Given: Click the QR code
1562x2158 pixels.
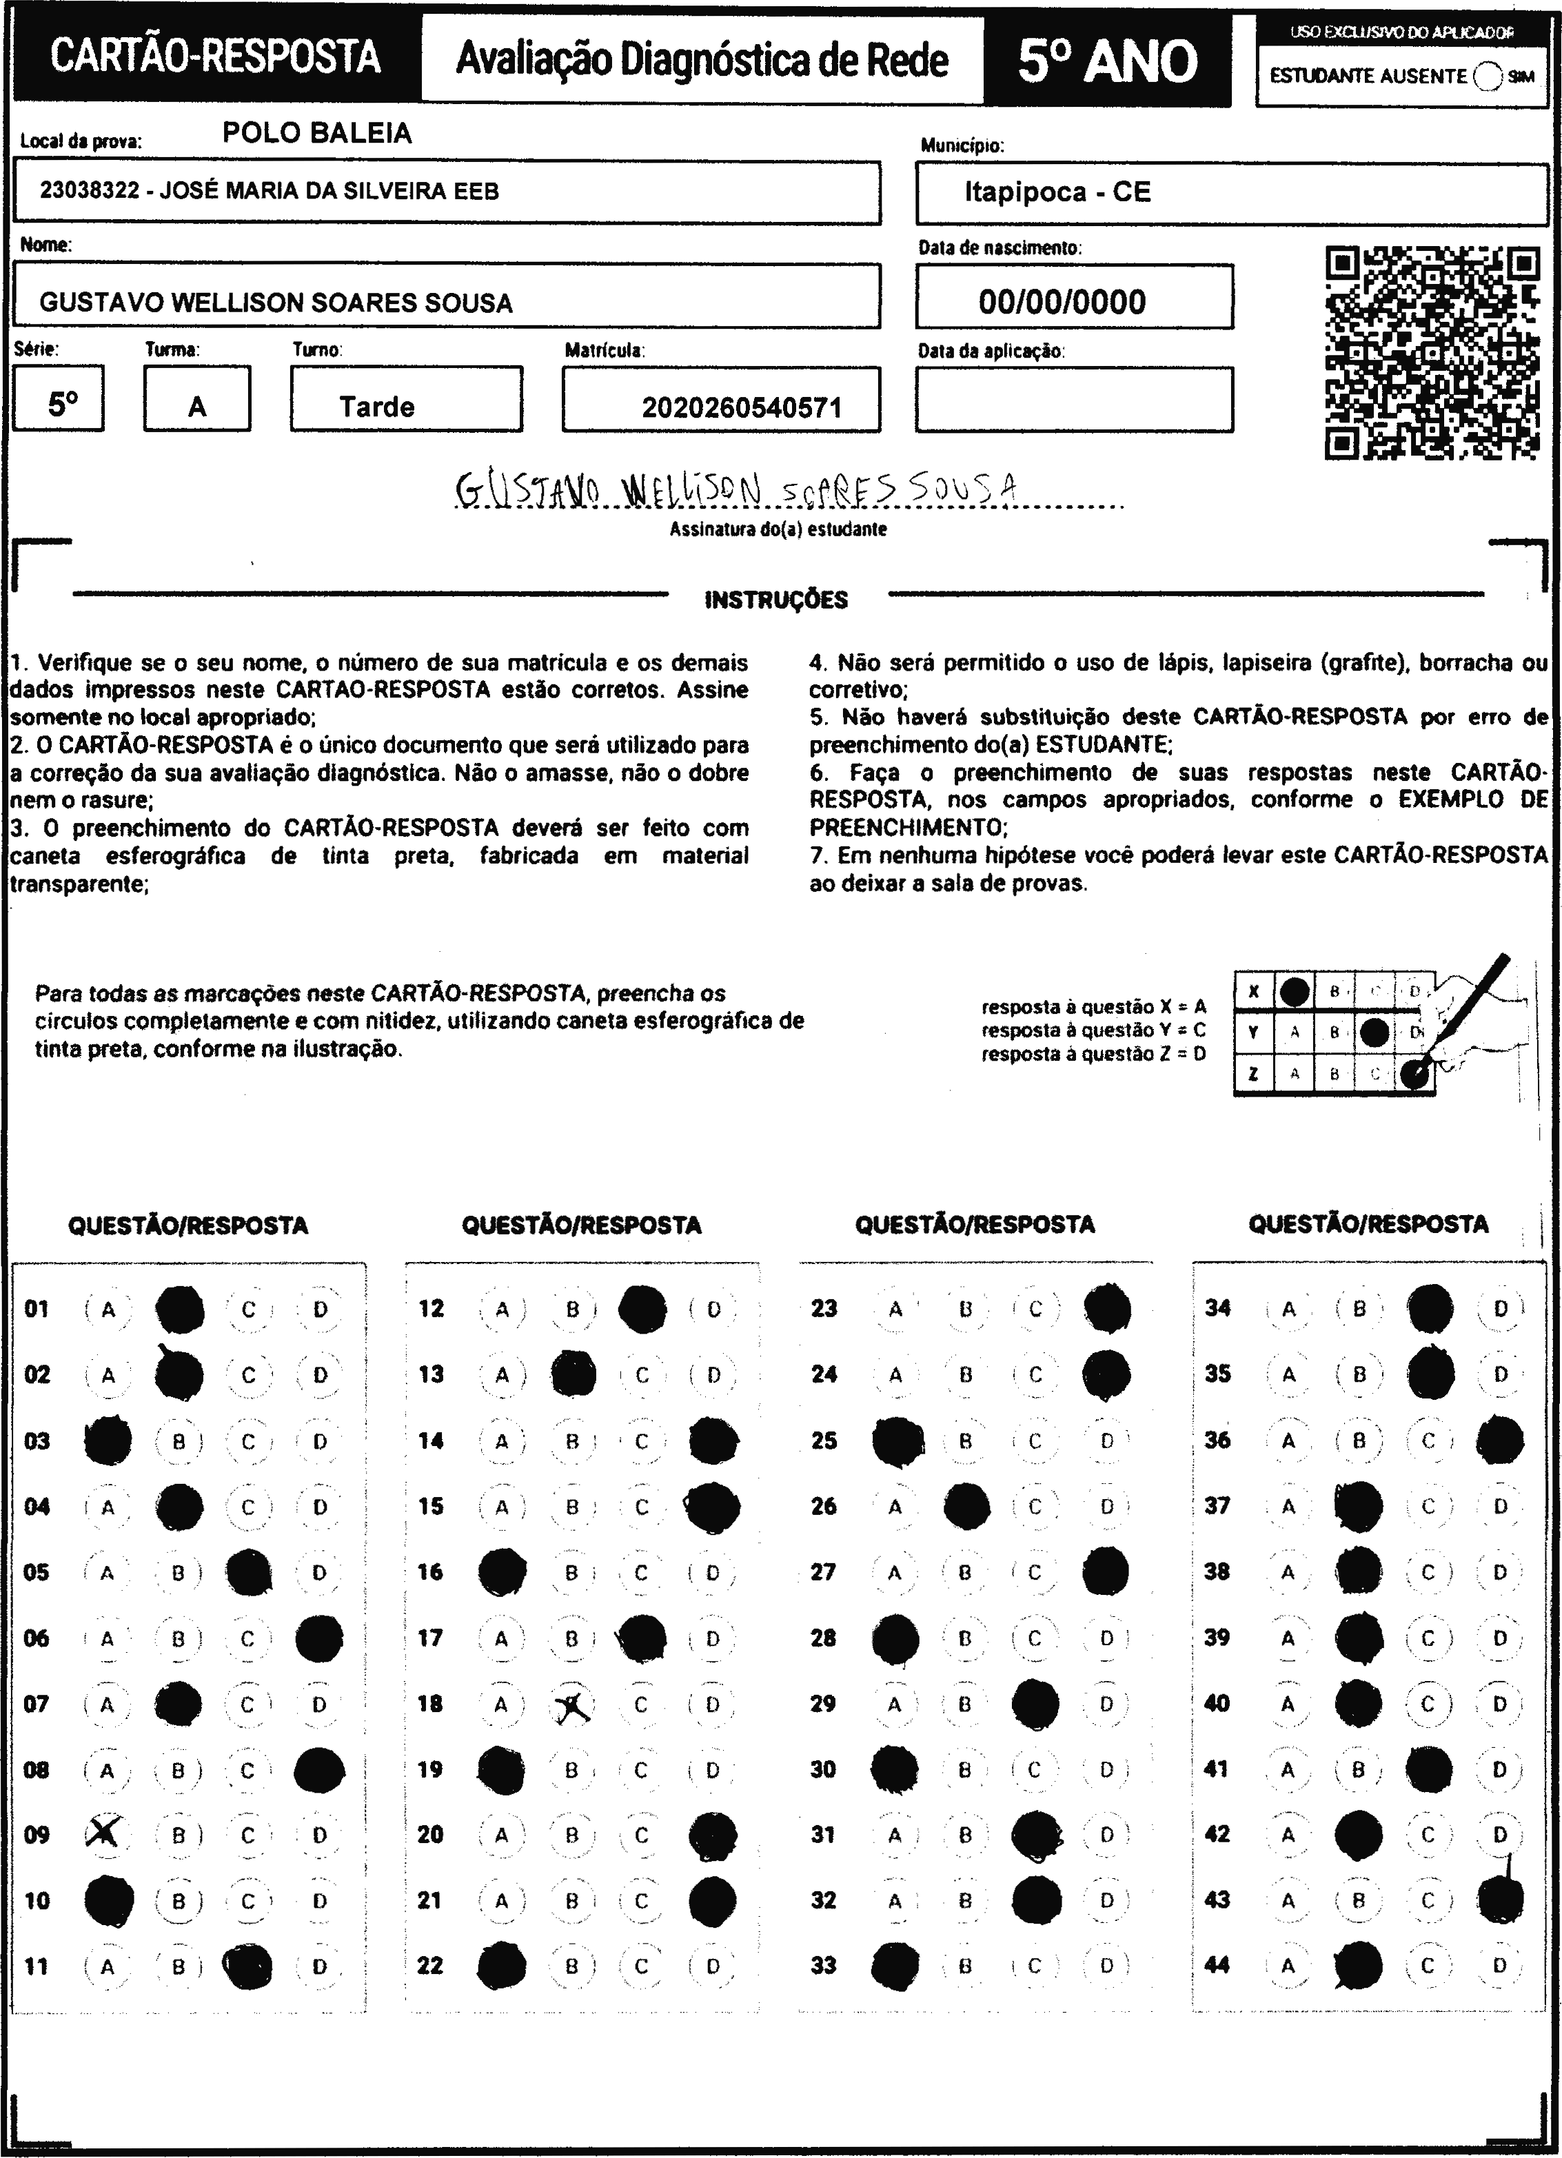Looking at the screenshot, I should (1432, 353).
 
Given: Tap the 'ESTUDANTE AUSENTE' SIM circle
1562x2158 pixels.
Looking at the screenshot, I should (1487, 76).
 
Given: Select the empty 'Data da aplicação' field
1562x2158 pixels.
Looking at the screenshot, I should (1074, 400).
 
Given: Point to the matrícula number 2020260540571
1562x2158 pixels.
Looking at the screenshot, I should (742, 408).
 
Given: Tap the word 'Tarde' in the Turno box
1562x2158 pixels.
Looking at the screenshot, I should (377, 407).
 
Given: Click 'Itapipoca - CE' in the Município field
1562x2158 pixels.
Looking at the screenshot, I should (1057, 192).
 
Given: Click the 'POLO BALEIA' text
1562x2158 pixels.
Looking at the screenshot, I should (317, 133).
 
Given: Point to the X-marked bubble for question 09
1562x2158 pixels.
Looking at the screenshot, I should (105, 1833).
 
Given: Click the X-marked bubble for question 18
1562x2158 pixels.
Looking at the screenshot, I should (573, 1708).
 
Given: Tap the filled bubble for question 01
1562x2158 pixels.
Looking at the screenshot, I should (179, 1310).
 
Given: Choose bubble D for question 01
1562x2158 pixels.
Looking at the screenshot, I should (320, 1310).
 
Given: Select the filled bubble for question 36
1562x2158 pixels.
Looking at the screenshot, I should (1500, 1441).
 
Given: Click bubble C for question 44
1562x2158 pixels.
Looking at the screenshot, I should (1428, 1965).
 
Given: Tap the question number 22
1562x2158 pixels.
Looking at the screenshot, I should (430, 1965).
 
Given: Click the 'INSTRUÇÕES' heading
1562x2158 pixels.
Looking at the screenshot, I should (775, 600).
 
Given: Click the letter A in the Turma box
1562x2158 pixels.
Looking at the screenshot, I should (197, 407).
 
